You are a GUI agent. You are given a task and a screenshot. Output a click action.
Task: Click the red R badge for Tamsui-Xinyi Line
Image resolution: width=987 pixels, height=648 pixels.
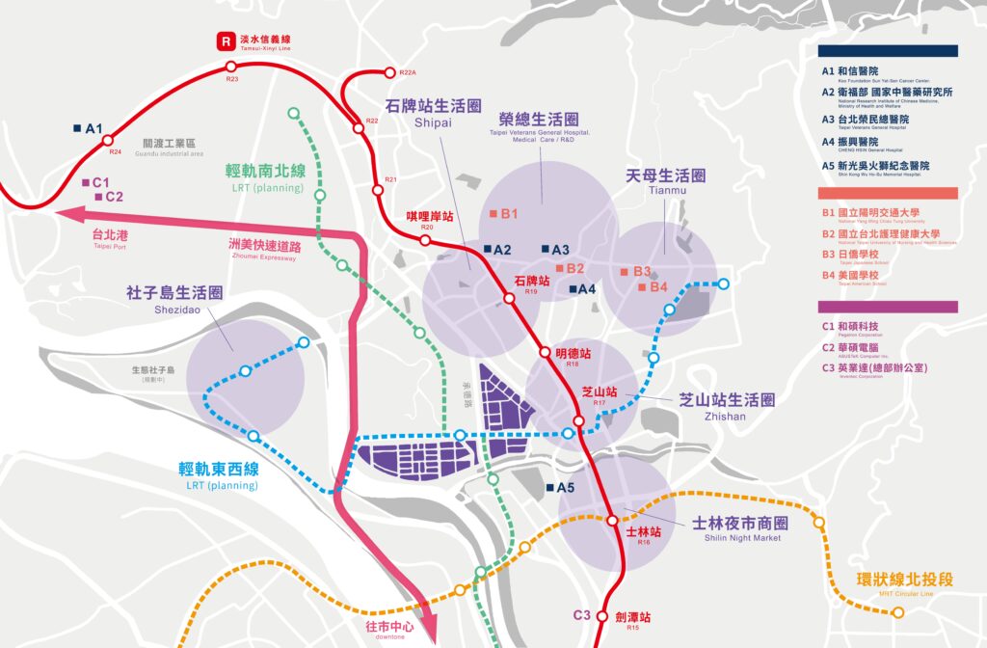(x=226, y=41)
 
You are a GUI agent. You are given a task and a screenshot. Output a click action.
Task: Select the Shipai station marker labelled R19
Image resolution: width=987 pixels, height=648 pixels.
(x=510, y=298)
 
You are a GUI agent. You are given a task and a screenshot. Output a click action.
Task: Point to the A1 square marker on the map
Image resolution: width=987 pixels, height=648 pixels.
(x=77, y=127)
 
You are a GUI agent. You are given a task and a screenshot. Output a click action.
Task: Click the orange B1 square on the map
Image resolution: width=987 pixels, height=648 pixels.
(x=493, y=213)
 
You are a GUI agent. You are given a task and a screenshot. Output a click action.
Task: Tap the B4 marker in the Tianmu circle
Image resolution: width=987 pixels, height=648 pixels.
(x=643, y=287)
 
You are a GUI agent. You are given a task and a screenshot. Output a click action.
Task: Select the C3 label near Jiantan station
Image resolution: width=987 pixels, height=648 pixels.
(x=581, y=615)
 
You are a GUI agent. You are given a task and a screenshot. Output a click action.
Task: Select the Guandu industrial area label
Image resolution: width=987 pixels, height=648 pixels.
(x=173, y=147)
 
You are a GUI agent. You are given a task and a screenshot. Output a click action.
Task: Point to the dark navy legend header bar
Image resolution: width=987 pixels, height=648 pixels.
(x=887, y=50)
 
